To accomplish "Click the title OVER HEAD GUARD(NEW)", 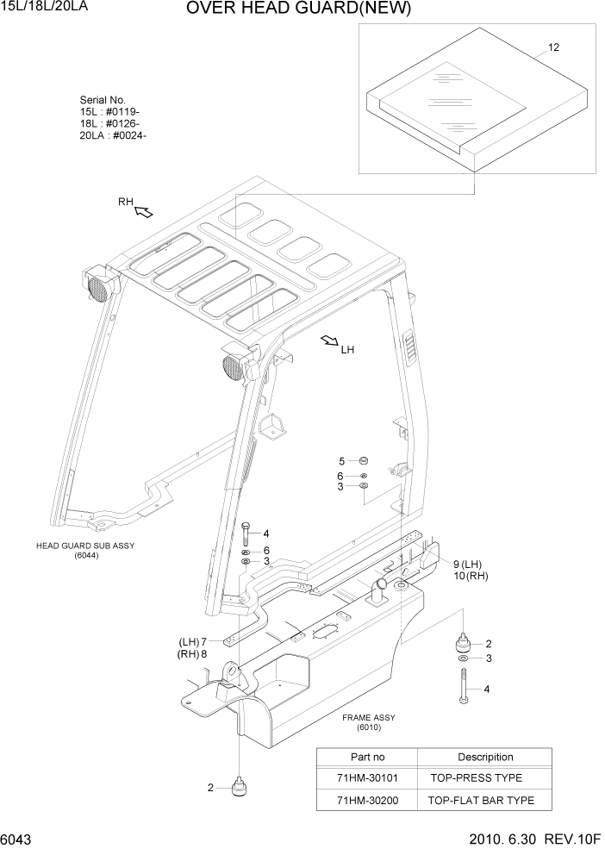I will point(298,9).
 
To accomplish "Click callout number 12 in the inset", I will point(553,47).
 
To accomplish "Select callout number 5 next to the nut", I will point(340,461).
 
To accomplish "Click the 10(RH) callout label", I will point(470,576).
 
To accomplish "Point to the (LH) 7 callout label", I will point(193,642).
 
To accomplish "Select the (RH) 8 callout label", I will point(193,654).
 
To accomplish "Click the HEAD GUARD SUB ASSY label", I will point(85,546).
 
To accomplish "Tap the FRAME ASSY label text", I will point(368,717).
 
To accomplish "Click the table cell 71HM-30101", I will point(366,777).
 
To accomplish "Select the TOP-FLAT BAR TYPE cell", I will point(481,800).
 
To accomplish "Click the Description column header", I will point(485,757).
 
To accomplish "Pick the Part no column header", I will point(366,757).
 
